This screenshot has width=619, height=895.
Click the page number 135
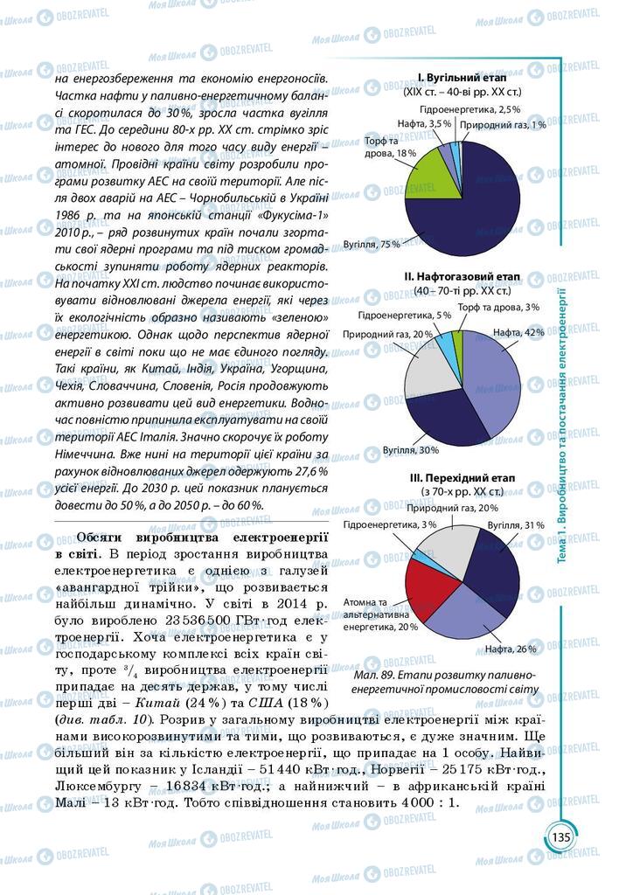tap(560, 836)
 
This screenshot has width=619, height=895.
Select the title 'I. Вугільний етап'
tap(463, 78)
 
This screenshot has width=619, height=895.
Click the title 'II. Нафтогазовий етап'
tap(462, 276)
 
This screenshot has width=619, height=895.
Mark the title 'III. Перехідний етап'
tap(463, 478)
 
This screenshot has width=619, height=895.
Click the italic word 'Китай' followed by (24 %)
tap(193, 704)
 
